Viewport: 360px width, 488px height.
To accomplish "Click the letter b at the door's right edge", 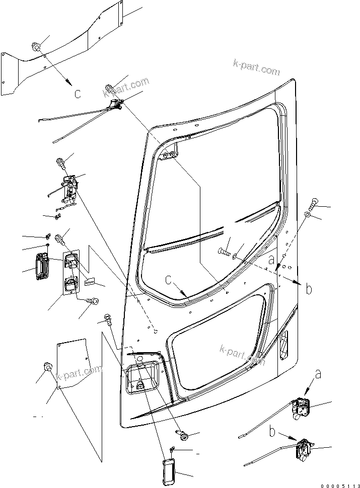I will [308, 289].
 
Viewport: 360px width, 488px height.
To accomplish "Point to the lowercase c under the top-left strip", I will [77, 93].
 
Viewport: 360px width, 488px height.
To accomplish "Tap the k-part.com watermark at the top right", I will [256, 66].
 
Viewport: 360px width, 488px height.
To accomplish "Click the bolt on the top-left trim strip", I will [37, 48].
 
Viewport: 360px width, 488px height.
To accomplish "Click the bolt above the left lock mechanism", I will [60, 162].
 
